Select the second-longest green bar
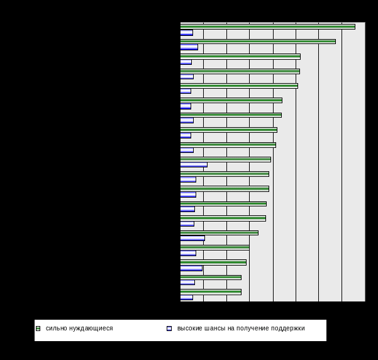(x=258, y=42)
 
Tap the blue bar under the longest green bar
(x=186, y=33)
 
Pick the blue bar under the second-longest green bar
(x=189, y=47)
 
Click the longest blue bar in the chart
(x=194, y=165)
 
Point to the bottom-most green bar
(x=211, y=291)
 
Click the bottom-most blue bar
(x=186, y=297)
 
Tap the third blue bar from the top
(x=186, y=62)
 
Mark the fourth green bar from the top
(x=240, y=71)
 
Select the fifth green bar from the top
(x=239, y=86)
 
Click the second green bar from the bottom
(x=211, y=277)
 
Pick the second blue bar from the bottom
(x=187, y=283)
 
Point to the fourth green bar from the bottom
(x=214, y=247)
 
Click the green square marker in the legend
(x=38, y=328)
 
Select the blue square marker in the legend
(x=169, y=328)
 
